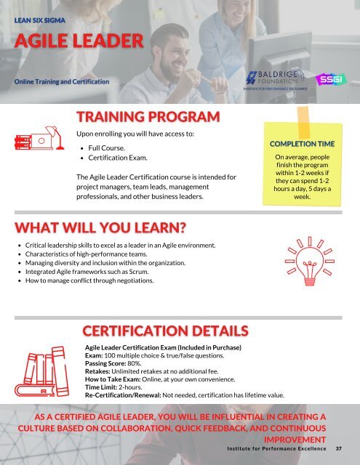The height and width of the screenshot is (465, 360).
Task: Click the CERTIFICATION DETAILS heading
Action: [x=166, y=331]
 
